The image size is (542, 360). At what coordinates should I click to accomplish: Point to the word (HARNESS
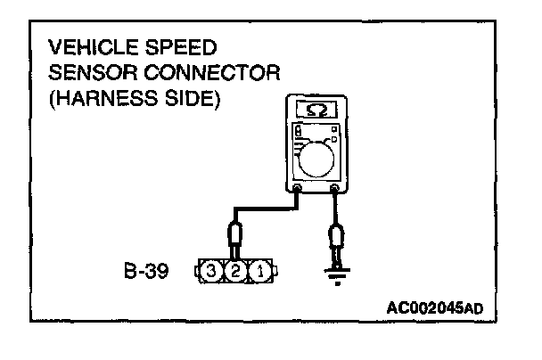102,98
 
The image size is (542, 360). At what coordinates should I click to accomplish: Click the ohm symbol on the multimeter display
315,110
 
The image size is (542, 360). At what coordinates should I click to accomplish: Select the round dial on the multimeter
320,163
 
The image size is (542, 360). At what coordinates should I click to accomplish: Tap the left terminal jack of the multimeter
297,188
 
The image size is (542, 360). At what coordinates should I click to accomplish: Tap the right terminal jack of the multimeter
334,188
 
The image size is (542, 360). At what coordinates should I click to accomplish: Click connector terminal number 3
213,269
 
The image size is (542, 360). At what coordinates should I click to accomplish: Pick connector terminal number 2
234,269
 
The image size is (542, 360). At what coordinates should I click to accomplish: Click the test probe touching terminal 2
234,237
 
